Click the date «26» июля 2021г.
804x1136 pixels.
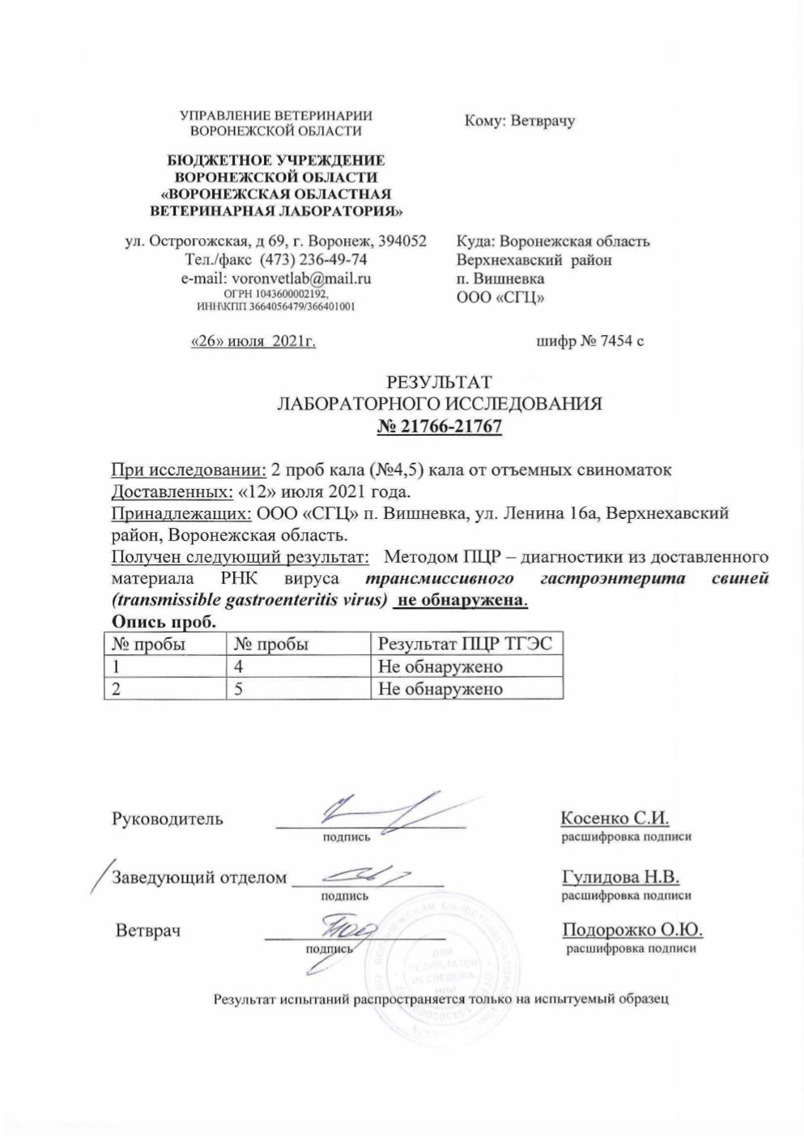252,342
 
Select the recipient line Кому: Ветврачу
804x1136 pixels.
519,121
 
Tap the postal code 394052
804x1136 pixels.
398,240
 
